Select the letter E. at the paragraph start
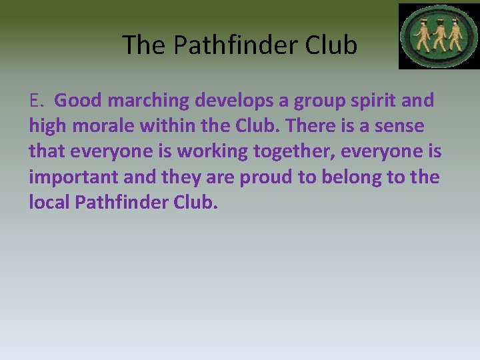pyautogui.click(x=37, y=101)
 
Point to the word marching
pyautogui.click(x=149, y=101)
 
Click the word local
pyautogui.click(x=49, y=202)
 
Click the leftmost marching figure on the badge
pyautogui.click(x=421, y=37)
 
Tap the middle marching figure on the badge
pyautogui.click(x=438, y=37)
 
